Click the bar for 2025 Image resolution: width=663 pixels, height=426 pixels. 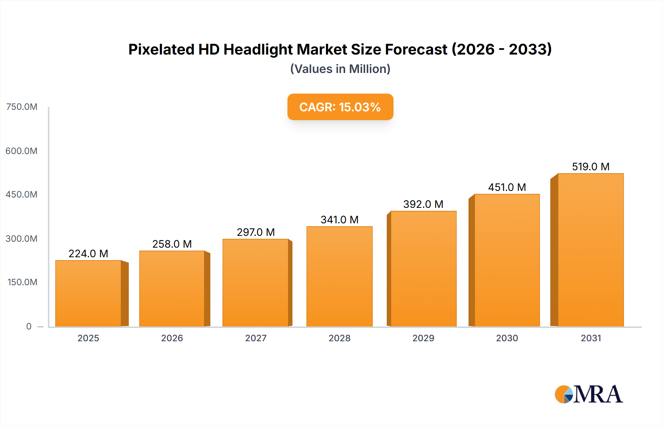(x=88, y=293)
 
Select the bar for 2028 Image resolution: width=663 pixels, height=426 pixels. (x=339, y=276)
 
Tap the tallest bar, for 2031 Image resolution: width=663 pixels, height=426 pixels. (x=590, y=250)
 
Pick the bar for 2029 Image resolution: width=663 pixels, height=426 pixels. (x=423, y=269)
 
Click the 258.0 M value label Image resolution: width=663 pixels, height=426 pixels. (x=172, y=244)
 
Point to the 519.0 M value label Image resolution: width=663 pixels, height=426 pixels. (x=590, y=167)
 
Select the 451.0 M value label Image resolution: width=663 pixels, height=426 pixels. (x=507, y=187)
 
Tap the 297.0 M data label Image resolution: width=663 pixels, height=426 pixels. (x=256, y=232)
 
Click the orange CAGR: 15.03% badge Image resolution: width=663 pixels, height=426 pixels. (x=340, y=107)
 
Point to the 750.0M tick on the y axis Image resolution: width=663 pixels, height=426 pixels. (x=22, y=107)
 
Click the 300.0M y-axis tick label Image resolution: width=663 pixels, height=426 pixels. (x=21, y=238)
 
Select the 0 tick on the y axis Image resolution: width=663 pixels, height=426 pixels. (x=29, y=326)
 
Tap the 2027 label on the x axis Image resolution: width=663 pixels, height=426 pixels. (x=256, y=338)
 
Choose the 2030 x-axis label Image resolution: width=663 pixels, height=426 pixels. (x=507, y=338)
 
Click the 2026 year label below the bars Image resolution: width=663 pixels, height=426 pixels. (x=172, y=338)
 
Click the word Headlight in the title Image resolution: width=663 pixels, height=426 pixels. (x=258, y=49)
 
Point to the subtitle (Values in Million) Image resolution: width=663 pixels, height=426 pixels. (x=340, y=69)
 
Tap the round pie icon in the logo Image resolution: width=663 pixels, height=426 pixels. (x=564, y=394)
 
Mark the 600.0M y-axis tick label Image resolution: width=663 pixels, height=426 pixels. (x=21, y=151)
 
